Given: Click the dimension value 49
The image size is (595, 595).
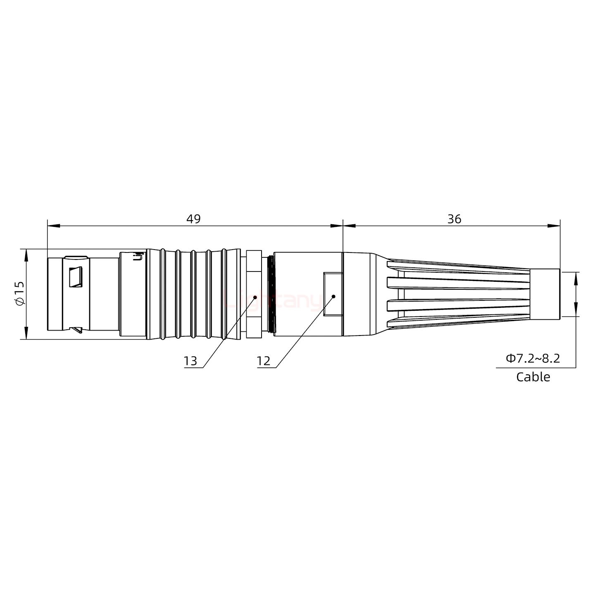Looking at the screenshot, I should (x=193, y=219).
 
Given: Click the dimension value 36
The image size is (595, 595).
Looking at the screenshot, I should (x=454, y=219).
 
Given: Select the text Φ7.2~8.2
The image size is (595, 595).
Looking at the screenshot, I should (x=533, y=358).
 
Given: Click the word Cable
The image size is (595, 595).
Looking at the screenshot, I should (x=533, y=377).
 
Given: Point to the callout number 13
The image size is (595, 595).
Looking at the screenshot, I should (x=190, y=361).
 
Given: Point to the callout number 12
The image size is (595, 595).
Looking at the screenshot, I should (x=263, y=361).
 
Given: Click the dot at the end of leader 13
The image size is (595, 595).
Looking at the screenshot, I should (x=255, y=297).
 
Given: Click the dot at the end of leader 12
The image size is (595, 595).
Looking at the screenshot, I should (x=333, y=296).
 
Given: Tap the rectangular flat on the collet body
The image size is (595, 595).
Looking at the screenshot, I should (x=333, y=294).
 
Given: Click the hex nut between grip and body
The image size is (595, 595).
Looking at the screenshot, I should (x=254, y=294).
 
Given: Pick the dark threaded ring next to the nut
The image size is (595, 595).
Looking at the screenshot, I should (x=271, y=294).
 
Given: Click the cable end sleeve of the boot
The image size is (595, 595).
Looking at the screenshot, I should (x=545, y=294).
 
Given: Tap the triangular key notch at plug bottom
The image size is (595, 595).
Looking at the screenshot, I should (x=77, y=330).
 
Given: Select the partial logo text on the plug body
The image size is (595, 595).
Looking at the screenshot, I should (x=140, y=256).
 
